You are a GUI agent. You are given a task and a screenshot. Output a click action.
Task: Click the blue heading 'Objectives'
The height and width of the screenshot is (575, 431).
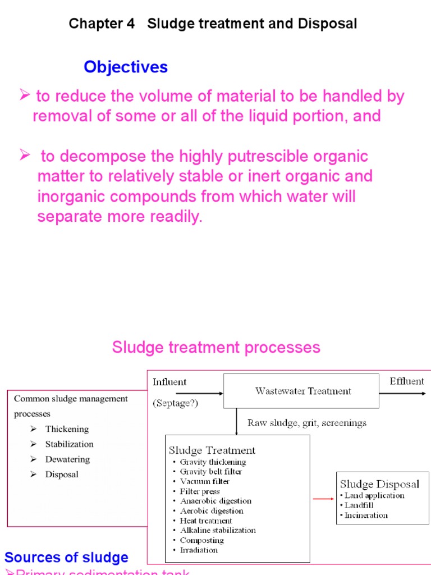[x=126, y=67]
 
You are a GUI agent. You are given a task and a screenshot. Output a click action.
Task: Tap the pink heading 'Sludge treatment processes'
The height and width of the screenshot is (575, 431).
[x=216, y=347]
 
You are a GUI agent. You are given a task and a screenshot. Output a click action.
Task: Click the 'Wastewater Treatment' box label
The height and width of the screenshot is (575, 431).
[x=303, y=391]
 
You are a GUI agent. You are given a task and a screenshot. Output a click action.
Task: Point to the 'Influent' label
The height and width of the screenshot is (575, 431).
[x=169, y=382]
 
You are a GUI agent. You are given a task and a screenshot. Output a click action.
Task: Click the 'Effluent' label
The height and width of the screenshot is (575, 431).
[x=407, y=381]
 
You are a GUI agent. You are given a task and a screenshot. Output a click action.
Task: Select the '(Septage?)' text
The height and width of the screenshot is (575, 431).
[x=175, y=403]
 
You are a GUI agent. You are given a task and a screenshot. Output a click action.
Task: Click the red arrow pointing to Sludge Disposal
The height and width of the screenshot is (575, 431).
[x=322, y=498]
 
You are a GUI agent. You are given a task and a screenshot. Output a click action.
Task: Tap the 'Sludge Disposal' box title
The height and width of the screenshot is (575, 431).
[x=379, y=484]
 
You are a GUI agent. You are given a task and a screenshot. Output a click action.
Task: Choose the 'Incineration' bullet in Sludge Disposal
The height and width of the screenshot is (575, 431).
[x=366, y=515]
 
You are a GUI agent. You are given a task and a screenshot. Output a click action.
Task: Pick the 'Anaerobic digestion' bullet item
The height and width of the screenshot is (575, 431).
[x=215, y=501]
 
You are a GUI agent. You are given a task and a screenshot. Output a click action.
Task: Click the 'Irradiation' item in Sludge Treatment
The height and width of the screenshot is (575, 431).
[x=200, y=550]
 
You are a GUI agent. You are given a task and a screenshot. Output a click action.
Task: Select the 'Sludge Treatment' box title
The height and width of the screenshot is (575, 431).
[x=212, y=450]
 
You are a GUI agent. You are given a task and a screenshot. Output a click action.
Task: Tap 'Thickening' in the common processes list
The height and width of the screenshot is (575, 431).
[x=67, y=429]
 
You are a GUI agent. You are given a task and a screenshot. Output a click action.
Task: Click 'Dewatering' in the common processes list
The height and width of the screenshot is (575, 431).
[x=67, y=459]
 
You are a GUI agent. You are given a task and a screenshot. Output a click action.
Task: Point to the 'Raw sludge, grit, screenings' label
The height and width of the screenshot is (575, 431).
[x=306, y=423]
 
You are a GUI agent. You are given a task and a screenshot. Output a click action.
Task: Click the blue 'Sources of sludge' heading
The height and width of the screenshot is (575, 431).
[x=66, y=558]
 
